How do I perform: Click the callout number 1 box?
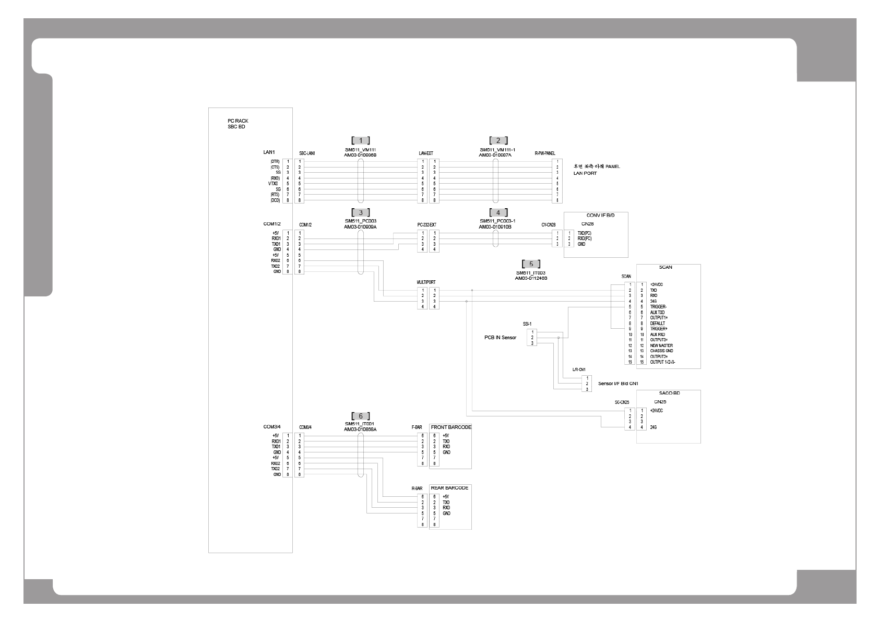(x=361, y=140)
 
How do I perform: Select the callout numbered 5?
(x=531, y=264)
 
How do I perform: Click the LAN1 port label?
(x=269, y=152)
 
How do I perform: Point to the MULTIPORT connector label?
(x=426, y=282)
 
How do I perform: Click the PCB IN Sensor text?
(x=500, y=338)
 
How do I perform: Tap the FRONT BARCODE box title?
(x=451, y=427)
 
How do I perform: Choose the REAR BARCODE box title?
(x=449, y=488)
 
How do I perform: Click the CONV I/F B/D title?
(x=596, y=216)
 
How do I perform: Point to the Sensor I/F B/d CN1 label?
(x=618, y=384)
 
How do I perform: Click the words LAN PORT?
(x=585, y=173)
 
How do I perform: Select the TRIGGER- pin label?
(x=658, y=307)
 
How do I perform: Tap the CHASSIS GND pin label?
(x=661, y=351)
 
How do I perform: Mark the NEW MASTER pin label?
(x=661, y=345)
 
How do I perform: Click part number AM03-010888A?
(x=360, y=429)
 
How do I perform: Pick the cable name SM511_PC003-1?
(x=497, y=221)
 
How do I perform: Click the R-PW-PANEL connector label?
(x=545, y=153)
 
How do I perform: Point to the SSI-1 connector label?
(x=527, y=324)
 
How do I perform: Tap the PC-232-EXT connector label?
(x=426, y=225)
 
